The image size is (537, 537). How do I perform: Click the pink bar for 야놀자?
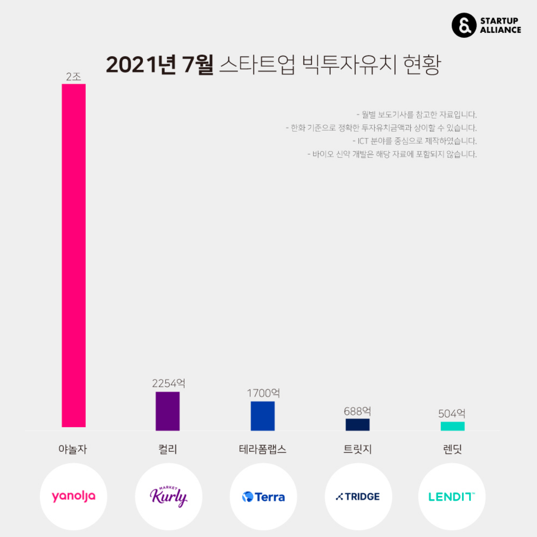[x=74, y=255]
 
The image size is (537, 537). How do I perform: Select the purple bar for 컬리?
[x=168, y=411]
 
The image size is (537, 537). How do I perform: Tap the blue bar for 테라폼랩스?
[x=262, y=416]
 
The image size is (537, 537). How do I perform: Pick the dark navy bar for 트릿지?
[x=358, y=424]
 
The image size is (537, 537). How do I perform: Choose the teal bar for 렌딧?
[x=452, y=426]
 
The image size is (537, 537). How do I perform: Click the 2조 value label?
[x=74, y=77]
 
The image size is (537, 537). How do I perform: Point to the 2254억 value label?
[x=168, y=383]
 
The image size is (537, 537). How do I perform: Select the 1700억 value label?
[x=263, y=393]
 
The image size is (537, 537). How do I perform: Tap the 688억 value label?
[x=358, y=411]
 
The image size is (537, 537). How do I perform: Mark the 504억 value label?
[x=452, y=414]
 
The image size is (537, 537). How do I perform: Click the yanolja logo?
[x=74, y=496]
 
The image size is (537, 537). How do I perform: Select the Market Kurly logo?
[x=168, y=496]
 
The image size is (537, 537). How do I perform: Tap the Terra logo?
[x=263, y=497]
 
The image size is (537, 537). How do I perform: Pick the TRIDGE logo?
[x=358, y=497]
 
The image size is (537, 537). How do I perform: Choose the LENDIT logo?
[x=452, y=497]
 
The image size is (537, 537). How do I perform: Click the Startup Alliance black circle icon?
[x=464, y=25]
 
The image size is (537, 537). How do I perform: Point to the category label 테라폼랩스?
[x=262, y=449]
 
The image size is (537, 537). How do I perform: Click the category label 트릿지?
[x=358, y=449]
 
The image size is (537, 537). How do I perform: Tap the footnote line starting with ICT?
[x=415, y=141]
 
